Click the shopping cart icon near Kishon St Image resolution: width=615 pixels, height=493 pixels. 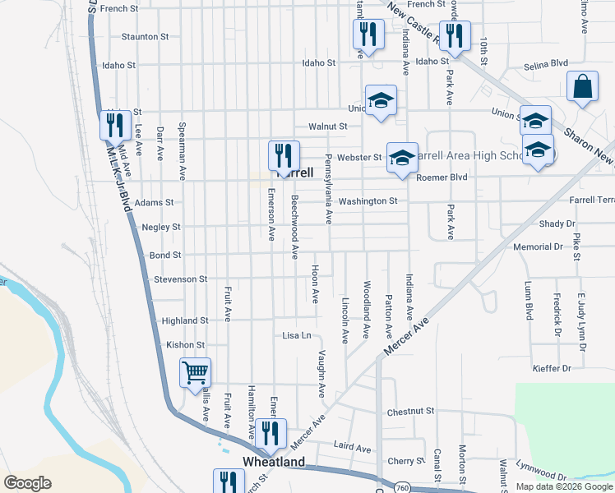(x=196, y=373)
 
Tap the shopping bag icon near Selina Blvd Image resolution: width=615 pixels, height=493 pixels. (x=581, y=86)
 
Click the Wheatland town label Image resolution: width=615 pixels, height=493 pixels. (x=273, y=462)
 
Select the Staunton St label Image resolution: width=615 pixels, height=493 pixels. (x=145, y=37)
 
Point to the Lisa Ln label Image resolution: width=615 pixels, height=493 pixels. (x=297, y=336)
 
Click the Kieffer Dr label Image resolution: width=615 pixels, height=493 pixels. (x=551, y=369)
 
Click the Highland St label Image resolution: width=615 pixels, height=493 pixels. (x=184, y=320)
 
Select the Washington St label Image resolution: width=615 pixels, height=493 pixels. (x=368, y=200)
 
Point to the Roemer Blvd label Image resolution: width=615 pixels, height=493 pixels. (x=442, y=177)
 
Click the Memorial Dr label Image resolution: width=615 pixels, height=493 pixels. (x=537, y=246)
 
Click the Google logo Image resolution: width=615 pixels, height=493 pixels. (x=27, y=483)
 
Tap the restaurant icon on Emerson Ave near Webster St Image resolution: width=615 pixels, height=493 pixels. (x=284, y=156)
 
